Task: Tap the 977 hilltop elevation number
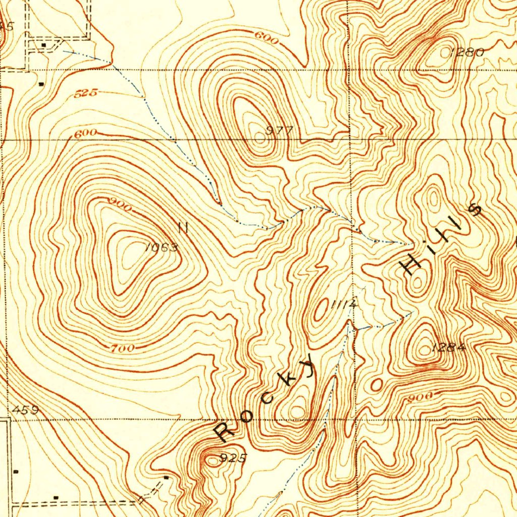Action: tap(280, 130)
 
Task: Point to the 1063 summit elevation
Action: tap(161, 247)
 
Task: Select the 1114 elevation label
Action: tap(345, 304)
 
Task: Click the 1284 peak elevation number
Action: tap(447, 347)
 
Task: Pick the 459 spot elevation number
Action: tap(27, 410)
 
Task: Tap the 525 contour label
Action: tap(85, 93)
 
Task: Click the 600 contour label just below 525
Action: tap(86, 134)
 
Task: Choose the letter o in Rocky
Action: tap(247, 415)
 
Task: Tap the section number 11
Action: tap(183, 228)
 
